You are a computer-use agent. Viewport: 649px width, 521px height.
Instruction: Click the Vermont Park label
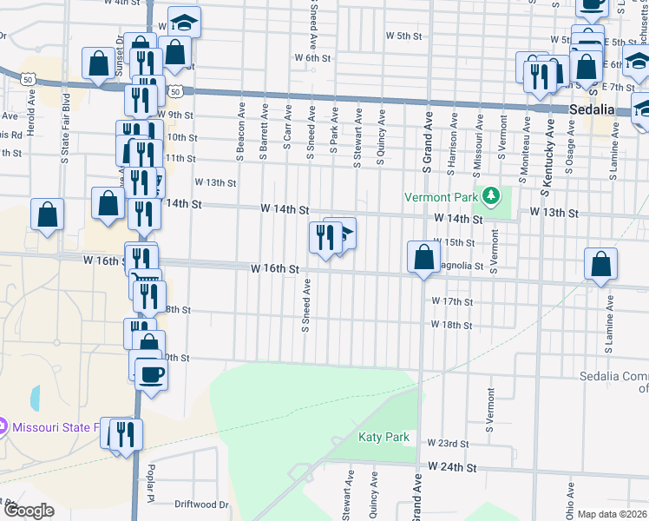click(x=442, y=196)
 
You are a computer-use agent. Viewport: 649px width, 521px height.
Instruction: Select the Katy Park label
click(x=383, y=437)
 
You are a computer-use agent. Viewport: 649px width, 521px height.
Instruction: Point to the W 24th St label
click(x=452, y=467)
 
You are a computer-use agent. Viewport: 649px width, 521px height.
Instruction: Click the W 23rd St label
click(x=448, y=443)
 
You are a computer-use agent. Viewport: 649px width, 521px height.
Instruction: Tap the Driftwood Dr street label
click(x=200, y=504)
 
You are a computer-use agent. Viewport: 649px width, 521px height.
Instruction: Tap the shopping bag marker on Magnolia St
click(x=423, y=257)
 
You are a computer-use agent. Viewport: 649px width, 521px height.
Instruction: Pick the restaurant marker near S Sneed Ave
click(x=324, y=237)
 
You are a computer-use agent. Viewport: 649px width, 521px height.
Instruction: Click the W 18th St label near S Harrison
click(x=452, y=326)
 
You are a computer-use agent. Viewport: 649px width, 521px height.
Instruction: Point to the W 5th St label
click(x=403, y=36)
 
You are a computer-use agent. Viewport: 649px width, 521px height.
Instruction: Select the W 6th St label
click(x=313, y=57)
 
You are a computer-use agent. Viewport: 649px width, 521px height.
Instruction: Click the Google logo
click(x=29, y=511)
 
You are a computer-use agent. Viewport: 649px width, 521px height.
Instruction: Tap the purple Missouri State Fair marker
click(x=3, y=426)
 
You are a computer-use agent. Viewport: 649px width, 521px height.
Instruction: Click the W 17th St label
click(x=452, y=301)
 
